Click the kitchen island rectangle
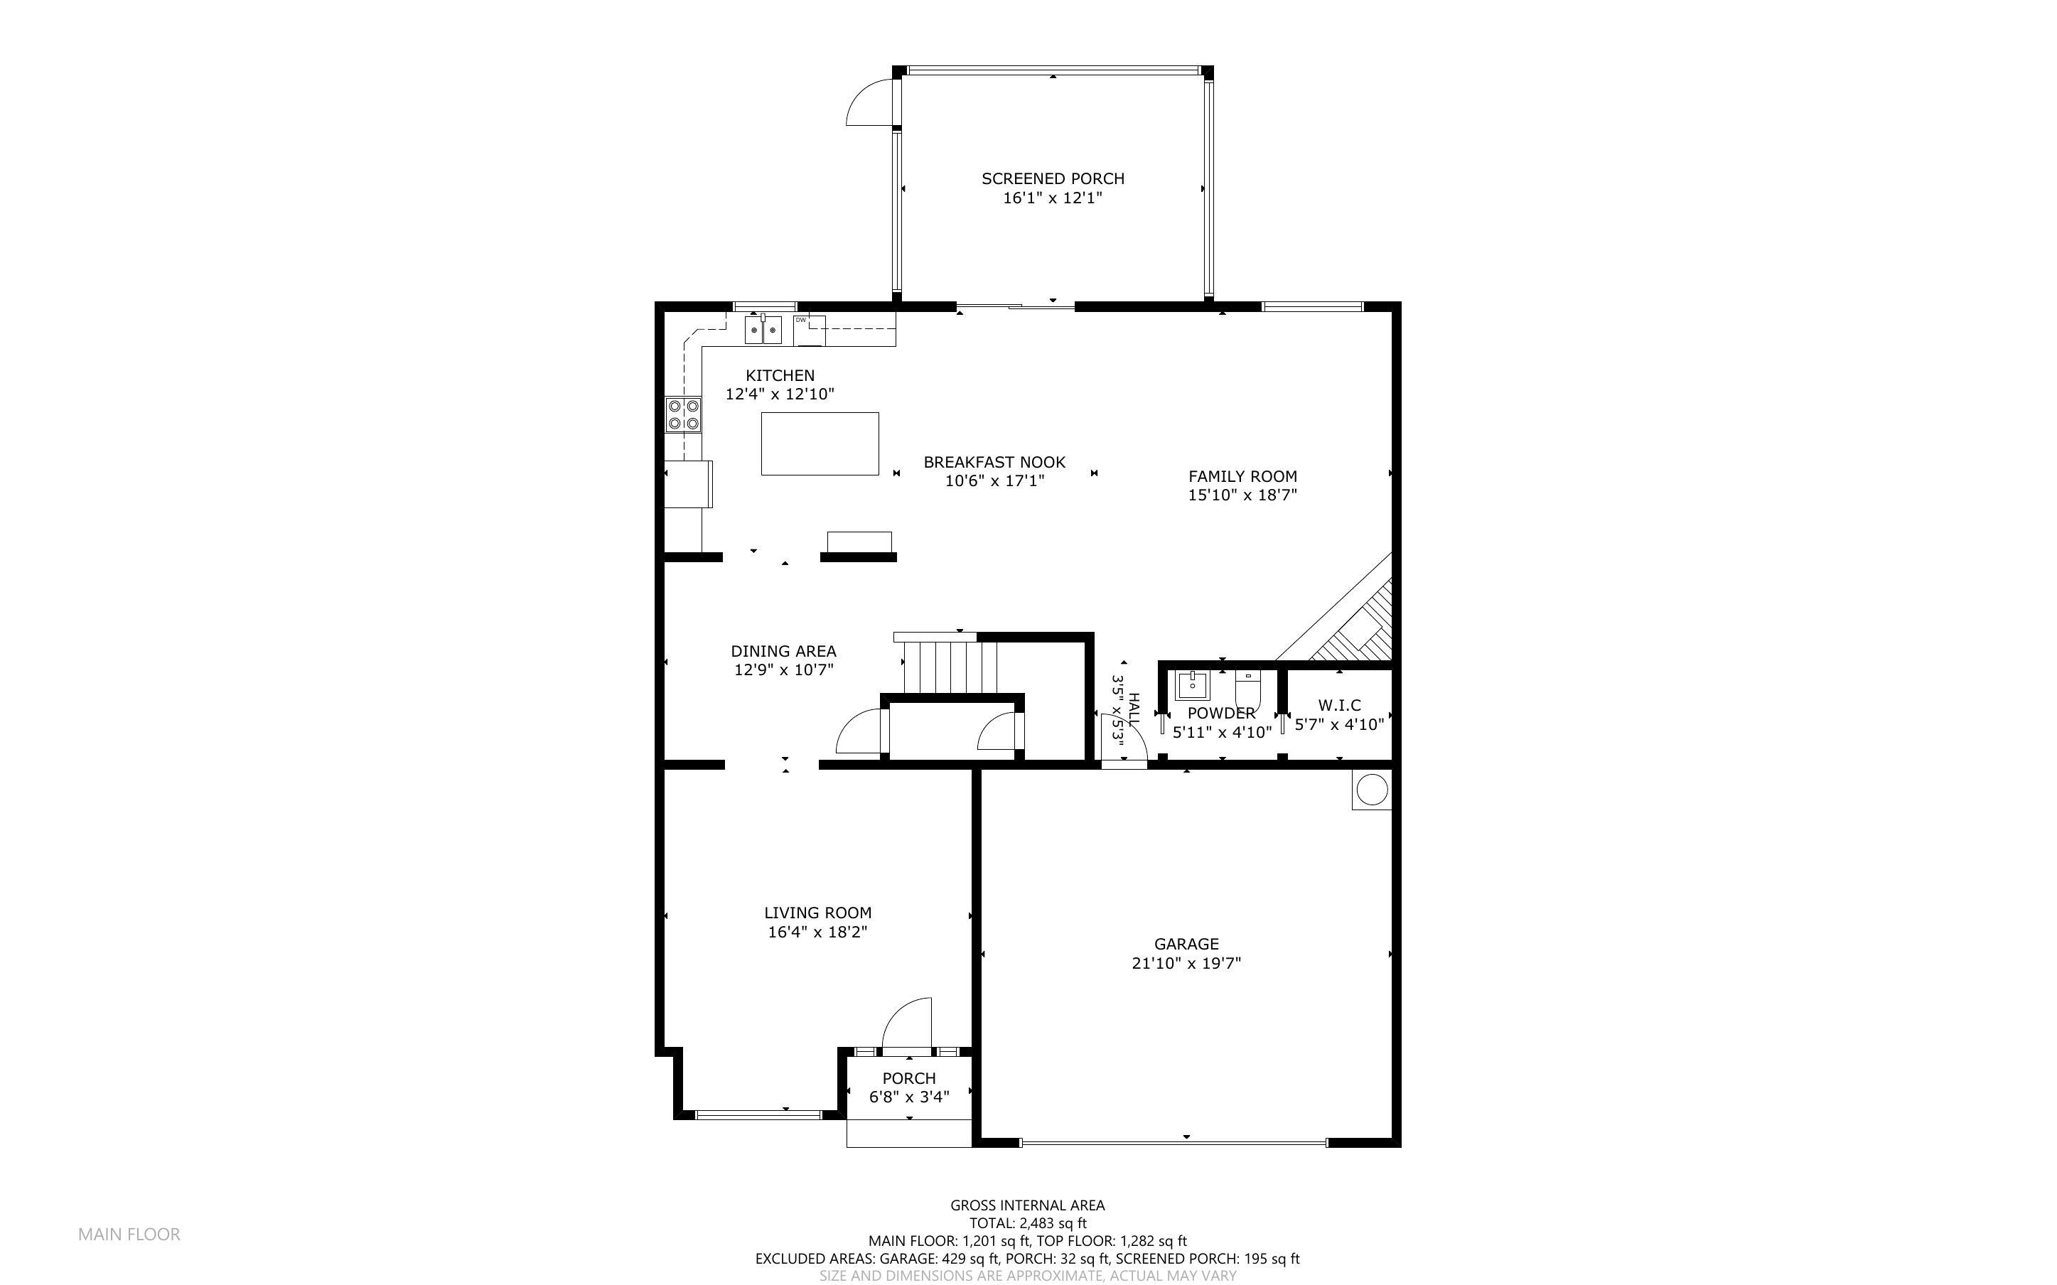820,443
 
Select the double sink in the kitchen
763,329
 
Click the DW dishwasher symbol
809,330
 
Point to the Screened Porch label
1053,178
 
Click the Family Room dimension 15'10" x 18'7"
1242,495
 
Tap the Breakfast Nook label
994,462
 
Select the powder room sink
1192,684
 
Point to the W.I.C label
1339,705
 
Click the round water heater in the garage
1370,790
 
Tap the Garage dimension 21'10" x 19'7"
1186,963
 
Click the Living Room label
817,913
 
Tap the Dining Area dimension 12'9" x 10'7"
783,670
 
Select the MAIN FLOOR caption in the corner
129,1234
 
